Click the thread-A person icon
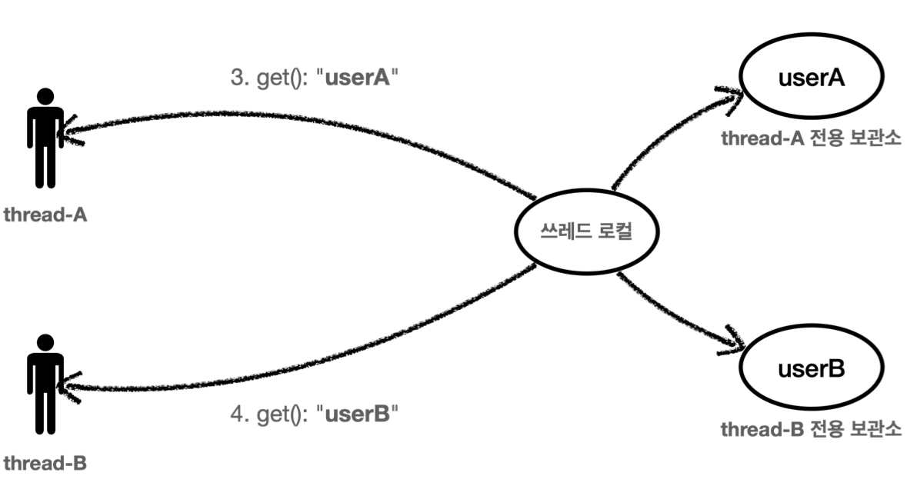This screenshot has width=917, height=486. pos(45,138)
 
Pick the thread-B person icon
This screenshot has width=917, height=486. pos(45,382)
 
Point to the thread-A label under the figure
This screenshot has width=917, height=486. pos(45,215)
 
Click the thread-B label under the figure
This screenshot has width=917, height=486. pos(45,464)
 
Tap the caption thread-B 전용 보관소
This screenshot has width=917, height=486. pos(811,429)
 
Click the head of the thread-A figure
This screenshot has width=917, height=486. pos(45,98)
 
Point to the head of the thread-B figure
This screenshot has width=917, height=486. pos(45,342)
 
